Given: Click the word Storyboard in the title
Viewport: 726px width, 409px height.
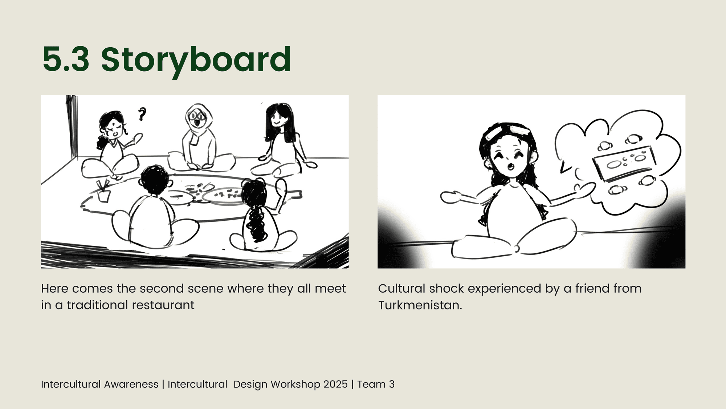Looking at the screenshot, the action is pyautogui.click(x=196, y=60).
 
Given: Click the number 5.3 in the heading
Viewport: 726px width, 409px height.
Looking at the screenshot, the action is pyautogui.click(x=66, y=59).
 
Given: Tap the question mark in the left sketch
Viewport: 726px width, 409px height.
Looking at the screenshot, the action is pyautogui.click(x=142, y=114).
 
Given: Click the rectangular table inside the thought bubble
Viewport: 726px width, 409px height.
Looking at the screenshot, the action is pyautogui.click(x=625, y=163).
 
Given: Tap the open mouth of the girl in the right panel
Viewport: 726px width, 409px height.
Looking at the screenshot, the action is pyautogui.click(x=511, y=167).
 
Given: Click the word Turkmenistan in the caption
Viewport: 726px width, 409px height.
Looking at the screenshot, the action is pyautogui.click(x=420, y=305).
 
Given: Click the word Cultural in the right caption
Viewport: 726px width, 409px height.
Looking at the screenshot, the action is pyautogui.click(x=401, y=289).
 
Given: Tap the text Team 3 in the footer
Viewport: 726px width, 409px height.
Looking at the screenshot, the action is pyautogui.click(x=376, y=384).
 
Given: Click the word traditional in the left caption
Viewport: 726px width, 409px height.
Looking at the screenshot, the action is pyautogui.click(x=98, y=305).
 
